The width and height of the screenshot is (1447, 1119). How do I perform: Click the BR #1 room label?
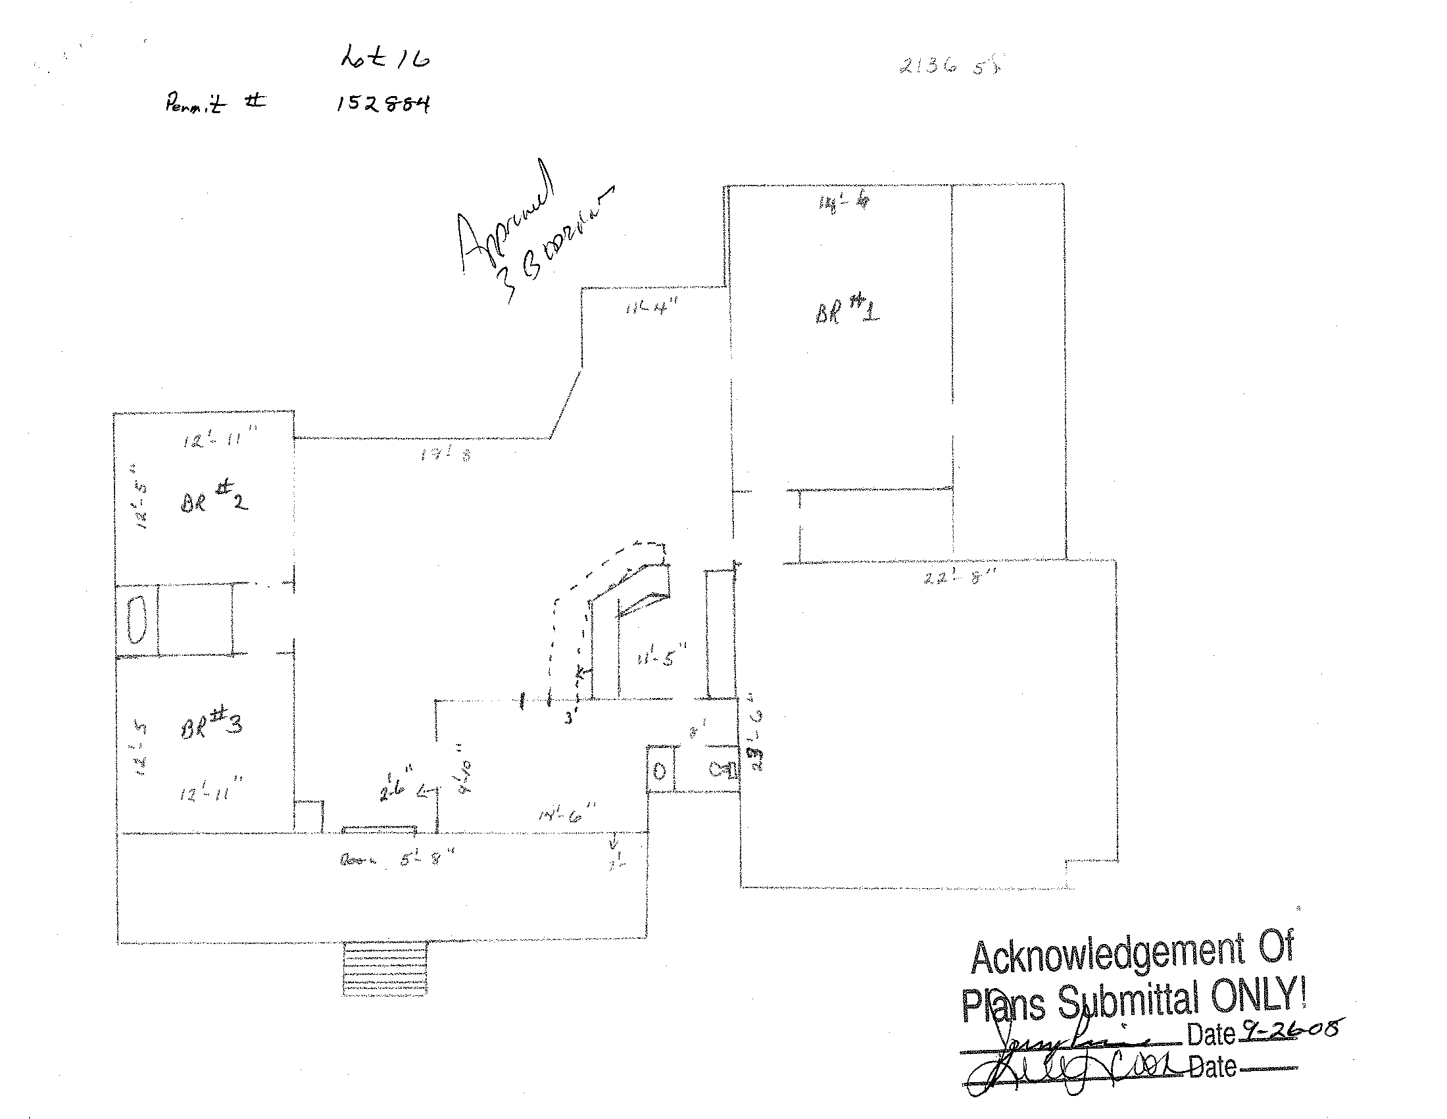click(x=847, y=311)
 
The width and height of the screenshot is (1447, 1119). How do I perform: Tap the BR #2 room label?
click(x=213, y=498)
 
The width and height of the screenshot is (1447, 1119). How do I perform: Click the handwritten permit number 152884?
click(x=383, y=104)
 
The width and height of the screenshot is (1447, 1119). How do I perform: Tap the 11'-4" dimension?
click(x=652, y=307)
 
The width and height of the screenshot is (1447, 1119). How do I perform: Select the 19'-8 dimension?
click(x=445, y=455)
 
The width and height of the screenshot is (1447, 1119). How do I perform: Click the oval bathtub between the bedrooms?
click(x=137, y=620)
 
